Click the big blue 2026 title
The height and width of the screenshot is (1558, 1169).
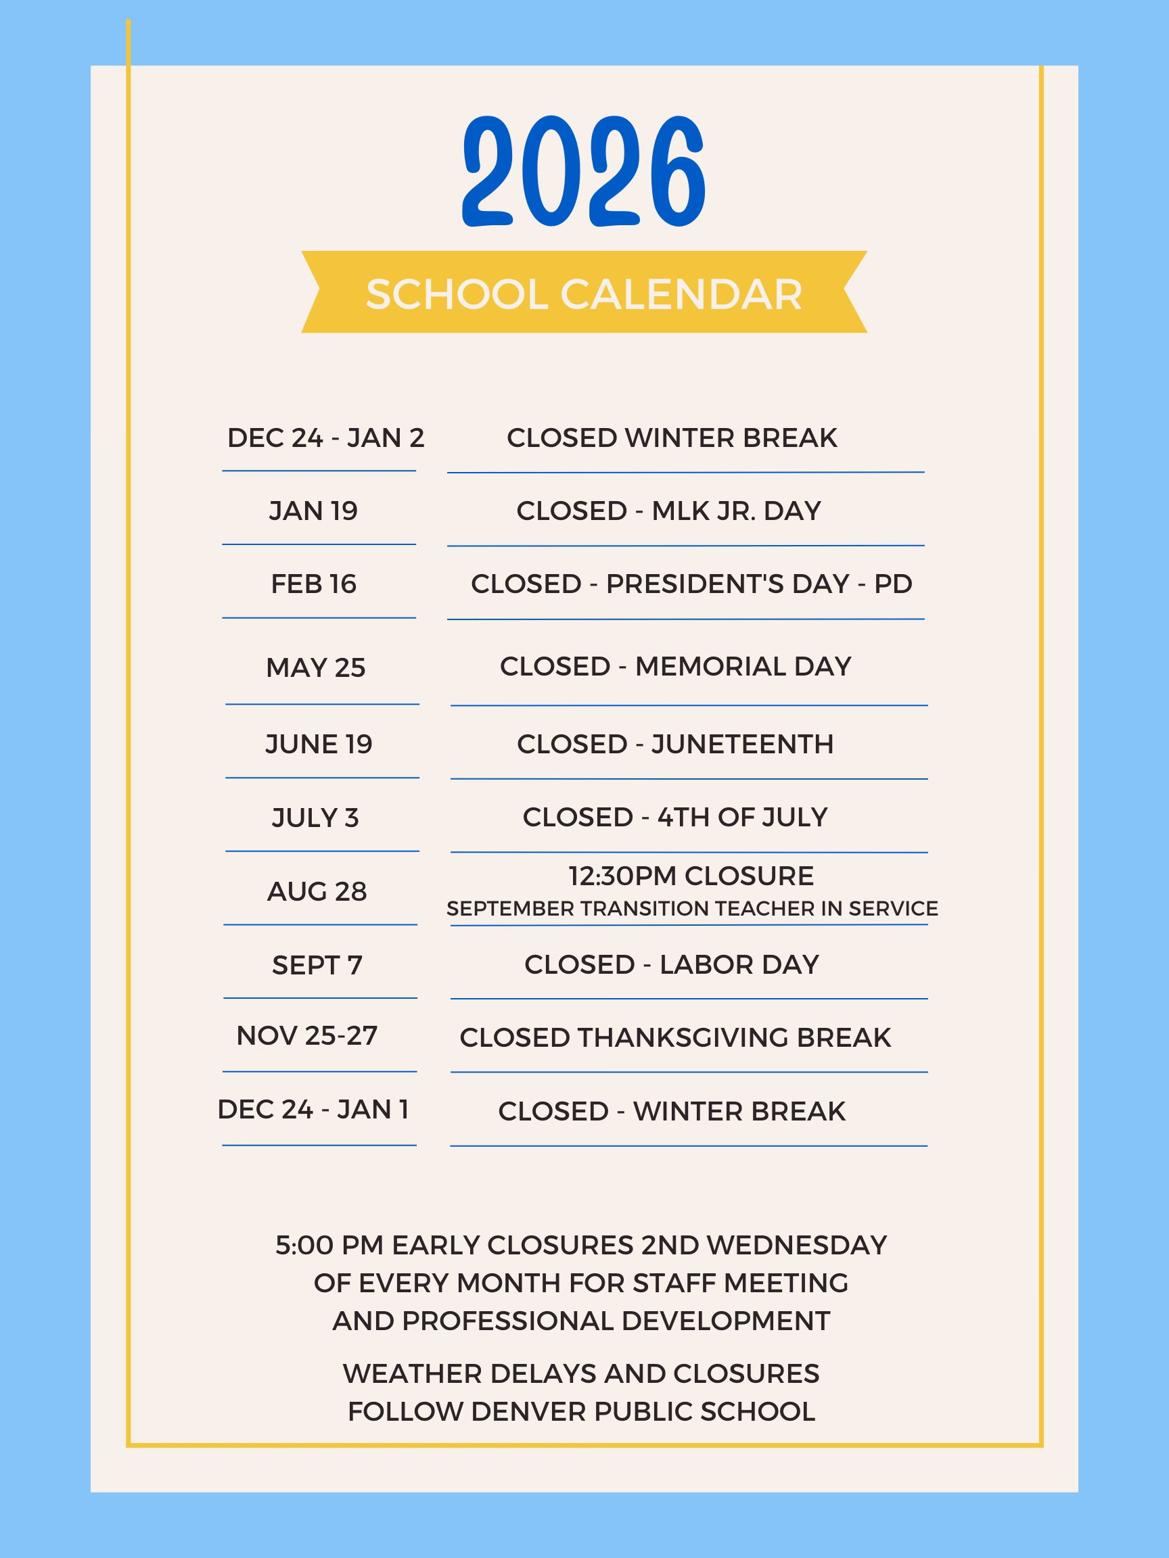(584, 171)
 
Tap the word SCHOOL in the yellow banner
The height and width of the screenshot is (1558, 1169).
(457, 293)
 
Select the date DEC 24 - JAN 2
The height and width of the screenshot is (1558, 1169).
(325, 438)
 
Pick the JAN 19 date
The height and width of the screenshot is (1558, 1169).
(314, 511)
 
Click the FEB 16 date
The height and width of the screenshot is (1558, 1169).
(314, 584)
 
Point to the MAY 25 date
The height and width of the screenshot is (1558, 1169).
(316, 667)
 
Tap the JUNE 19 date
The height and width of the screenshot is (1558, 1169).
(319, 744)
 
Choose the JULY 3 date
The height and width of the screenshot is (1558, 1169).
(315, 818)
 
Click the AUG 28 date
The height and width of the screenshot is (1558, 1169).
(317, 892)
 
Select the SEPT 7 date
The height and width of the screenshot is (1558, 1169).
(317, 965)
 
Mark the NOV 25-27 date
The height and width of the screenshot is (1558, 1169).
(307, 1035)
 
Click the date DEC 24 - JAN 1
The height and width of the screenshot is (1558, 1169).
(313, 1110)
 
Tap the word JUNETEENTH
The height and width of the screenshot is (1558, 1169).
(742, 744)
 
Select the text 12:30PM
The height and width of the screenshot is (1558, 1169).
(623, 876)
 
